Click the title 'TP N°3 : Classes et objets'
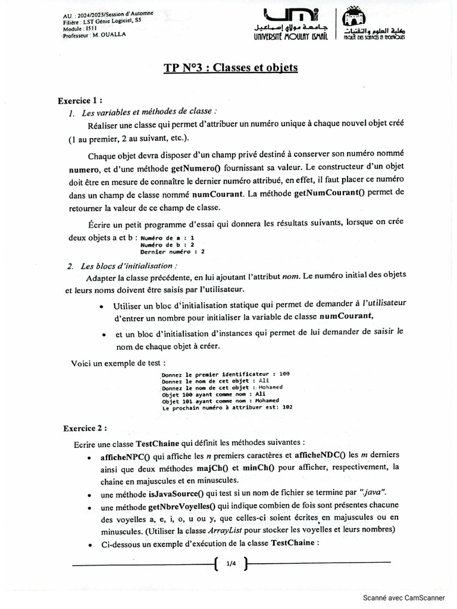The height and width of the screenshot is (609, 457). [231, 68]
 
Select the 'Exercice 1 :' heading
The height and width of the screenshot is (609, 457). [84, 101]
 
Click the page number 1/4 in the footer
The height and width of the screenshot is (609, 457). [231, 563]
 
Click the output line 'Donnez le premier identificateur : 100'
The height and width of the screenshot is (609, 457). [226, 374]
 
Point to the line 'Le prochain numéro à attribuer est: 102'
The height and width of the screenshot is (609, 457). [227, 408]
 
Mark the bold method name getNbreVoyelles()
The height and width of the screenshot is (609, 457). [181, 507]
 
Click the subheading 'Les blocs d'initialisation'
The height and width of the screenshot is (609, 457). [128, 266]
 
